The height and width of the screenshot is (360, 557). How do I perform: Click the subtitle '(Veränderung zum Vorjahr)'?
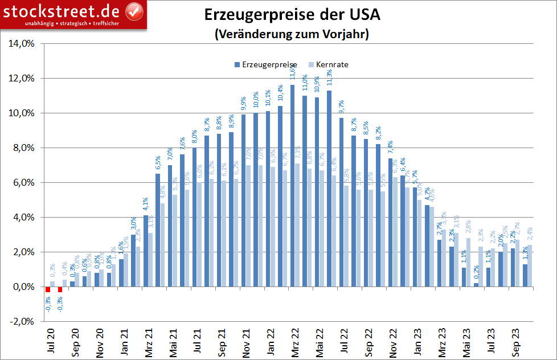tap(292, 34)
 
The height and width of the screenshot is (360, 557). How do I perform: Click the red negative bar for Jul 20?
tap(48, 289)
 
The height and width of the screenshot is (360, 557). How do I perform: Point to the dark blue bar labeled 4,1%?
tap(145, 251)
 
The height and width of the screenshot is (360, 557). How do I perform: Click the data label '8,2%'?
tap(378, 134)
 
